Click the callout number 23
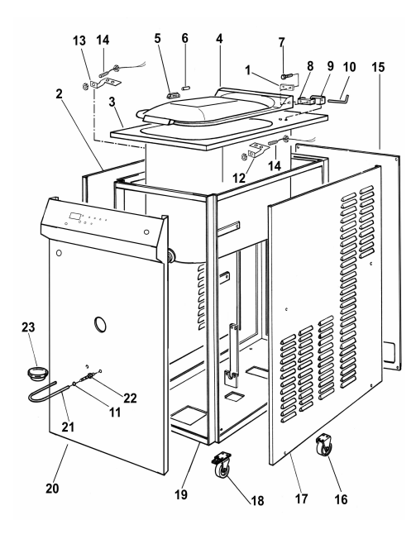[x=28, y=327]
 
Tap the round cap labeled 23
[x=37, y=374]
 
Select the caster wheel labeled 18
[x=222, y=465]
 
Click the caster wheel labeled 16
[x=324, y=444]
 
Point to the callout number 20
[x=52, y=488]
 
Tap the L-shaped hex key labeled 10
[x=338, y=100]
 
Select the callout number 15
[x=378, y=67]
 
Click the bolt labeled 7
[x=286, y=76]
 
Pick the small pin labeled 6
[x=186, y=88]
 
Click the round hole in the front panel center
[x=100, y=324]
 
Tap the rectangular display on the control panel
[x=75, y=217]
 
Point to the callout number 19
[x=181, y=494]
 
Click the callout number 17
[x=301, y=498]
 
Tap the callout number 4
[x=219, y=39]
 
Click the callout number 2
[x=60, y=93]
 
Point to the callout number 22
[x=130, y=398]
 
